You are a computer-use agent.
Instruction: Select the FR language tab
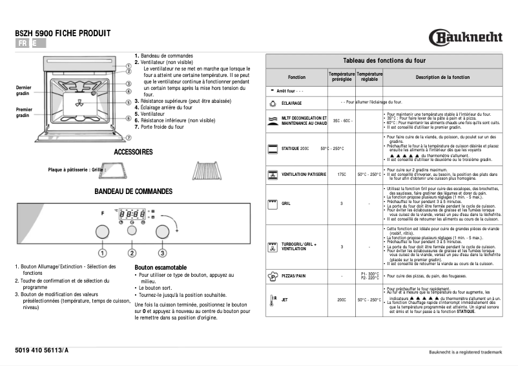23,43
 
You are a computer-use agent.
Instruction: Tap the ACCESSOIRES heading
133,152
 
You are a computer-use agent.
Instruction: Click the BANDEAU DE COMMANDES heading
133,191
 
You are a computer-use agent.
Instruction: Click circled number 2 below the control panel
132,253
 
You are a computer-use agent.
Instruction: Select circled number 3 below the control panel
162,253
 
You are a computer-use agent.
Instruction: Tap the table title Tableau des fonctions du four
384,59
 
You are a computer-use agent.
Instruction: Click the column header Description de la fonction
442,77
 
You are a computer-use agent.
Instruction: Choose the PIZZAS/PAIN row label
294,276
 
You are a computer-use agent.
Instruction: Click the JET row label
285,300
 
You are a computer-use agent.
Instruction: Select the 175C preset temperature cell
342,174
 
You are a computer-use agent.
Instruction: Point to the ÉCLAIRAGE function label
292,103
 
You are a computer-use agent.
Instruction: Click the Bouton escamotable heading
161,267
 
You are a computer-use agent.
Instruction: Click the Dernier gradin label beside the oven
24,91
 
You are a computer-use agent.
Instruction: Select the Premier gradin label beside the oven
24,113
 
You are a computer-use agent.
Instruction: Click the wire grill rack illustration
208,171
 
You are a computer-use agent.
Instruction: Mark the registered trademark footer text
465,352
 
